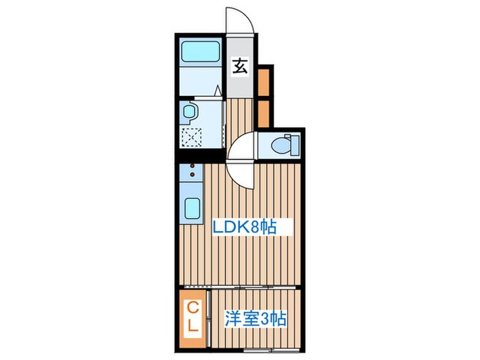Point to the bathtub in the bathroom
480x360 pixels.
pyautogui.click(x=200, y=52)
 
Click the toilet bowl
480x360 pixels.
pyautogui.click(x=280, y=145)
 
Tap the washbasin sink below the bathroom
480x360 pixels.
pyautogui.click(x=189, y=112)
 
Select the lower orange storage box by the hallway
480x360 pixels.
pyautogui.click(x=265, y=113)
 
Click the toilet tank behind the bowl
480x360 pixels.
pyautogui.click(x=295, y=145)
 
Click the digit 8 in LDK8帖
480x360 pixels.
pyautogui.click(x=253, y=227)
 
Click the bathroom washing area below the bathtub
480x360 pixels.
pyautogui.click(x=199, y=83)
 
